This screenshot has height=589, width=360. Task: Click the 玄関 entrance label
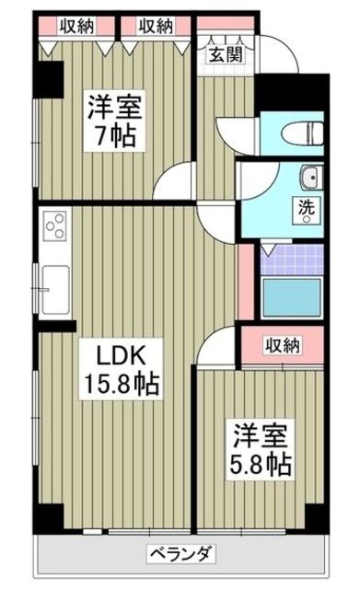226,55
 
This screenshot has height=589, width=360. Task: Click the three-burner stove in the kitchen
55,225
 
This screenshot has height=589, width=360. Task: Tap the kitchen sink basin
55,290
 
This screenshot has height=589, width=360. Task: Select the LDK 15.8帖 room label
121,369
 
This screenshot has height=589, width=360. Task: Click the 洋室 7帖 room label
114,121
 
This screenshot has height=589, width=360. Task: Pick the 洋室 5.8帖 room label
260,450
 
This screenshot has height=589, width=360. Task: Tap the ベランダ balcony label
180,553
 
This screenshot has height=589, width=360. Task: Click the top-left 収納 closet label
76,27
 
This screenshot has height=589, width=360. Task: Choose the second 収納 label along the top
156,27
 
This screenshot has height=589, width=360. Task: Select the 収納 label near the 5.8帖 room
283,344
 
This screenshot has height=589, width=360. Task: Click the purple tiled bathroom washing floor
292,260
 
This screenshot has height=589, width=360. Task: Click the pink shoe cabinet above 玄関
226,23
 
